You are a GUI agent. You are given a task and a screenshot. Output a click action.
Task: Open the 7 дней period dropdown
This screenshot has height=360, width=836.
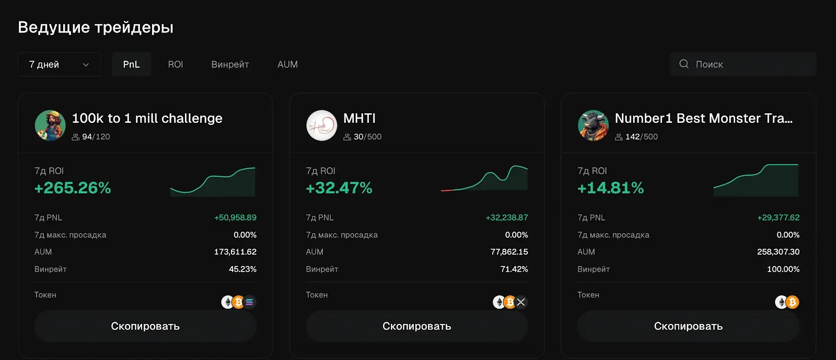[x=59, y=64]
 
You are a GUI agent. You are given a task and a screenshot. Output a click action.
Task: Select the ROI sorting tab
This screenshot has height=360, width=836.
[x=175, y=64]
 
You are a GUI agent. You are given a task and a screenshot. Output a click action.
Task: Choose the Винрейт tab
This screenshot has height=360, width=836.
[x=230, y=64]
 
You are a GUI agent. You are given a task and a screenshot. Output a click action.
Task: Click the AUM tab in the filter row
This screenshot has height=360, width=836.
[x=287, y=64]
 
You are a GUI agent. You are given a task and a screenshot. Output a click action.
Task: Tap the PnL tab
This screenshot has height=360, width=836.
[x=131, y=64]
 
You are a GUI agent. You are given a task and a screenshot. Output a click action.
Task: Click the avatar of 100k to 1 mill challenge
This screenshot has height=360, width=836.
[x=50, y=125]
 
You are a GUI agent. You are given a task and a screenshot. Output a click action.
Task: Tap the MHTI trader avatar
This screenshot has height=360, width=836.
[x=321, y=125]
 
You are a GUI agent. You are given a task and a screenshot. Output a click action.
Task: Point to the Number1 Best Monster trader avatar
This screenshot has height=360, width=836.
[x=593, y=125]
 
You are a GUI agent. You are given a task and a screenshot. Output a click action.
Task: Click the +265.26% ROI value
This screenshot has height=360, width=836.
[x=73, y=188]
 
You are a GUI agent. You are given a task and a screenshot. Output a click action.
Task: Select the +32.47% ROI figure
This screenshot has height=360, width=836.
[x=339, y=188]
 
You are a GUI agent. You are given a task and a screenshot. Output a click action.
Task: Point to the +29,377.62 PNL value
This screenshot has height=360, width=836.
[x=778, y=217]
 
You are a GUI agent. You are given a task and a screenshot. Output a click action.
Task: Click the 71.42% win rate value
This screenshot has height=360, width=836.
[x=514, y=269]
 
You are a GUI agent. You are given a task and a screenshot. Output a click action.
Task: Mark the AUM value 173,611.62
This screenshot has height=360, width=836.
[x=235, y=252]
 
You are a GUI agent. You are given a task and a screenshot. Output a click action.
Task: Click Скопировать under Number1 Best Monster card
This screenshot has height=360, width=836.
[x=688, y=326]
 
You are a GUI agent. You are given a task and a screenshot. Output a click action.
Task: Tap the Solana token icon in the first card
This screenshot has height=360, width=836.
[x=250, y=302]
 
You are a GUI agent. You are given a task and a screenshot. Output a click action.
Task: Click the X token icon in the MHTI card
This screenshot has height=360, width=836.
[x=521, y=302]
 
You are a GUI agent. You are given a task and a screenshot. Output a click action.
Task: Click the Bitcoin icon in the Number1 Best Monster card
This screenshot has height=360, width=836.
[x=793, y=302]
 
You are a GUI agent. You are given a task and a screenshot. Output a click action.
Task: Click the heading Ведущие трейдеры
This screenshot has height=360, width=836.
[x=96, y=27]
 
